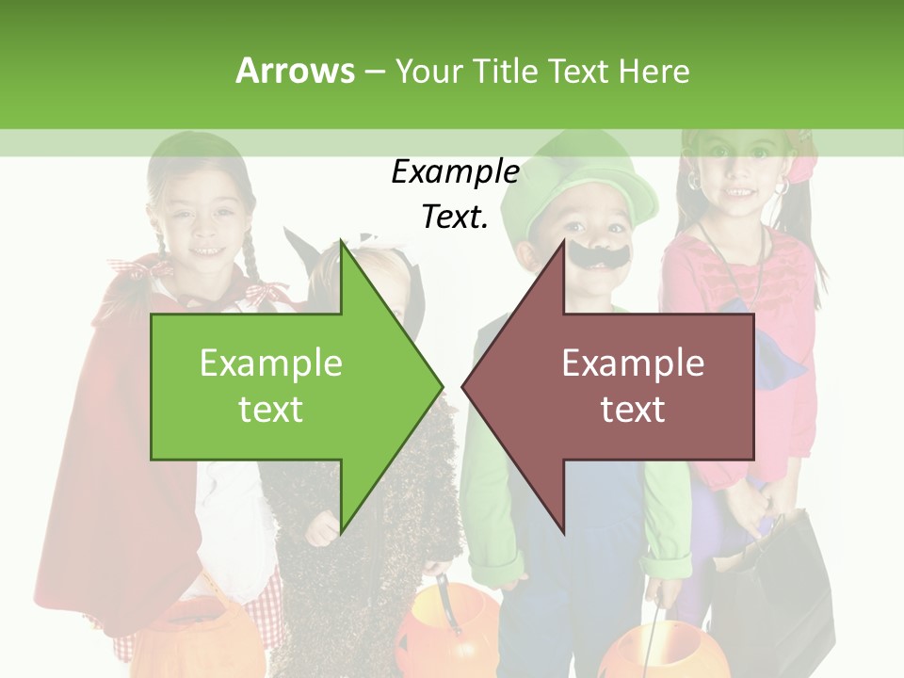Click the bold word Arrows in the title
pyautogui.click(x=295, y=71)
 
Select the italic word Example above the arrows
pyautogui.click(x=455, y=172)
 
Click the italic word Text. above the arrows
pyautogui.click(x=455, y=217)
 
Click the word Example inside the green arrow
pyautogui.click(x=271, y=363)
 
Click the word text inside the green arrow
pyautogui.click(x=271, y=410)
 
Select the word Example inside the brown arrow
pyautogui.click(x=633, y=363)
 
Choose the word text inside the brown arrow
pyautogui.click(x=633, y=410)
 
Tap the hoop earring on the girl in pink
pyautogui.click(x=782, y=187)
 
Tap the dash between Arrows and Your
pyautogui.click(x=374, y=72)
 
